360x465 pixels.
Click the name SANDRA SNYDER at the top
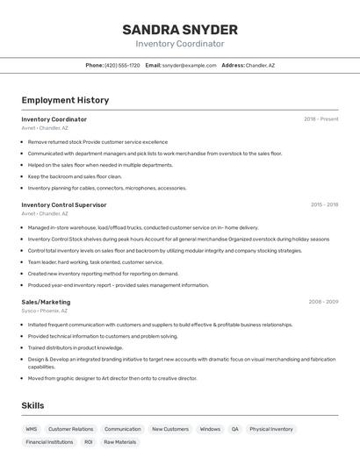coord(180,29)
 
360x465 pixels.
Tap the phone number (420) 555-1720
coord(122,65)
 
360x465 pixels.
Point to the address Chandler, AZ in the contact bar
coord(260,65)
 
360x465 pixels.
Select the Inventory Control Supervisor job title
coord(64,204)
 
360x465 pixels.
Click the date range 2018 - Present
coord(320,119)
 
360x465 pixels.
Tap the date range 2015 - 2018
coord(324,204)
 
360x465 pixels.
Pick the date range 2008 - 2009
coord(323,302)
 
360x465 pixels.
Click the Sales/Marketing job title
coord(46,302)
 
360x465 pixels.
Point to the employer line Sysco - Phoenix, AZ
coord(44,311)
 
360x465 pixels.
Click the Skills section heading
coord(32,406)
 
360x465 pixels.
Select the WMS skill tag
coord(32,429)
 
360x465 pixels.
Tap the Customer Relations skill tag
coord(70,429)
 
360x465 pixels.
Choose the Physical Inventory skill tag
coord(271,429)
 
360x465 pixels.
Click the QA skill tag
coord(234,429)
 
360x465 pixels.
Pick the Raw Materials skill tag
coord(120,442)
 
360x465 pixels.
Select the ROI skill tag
coord(89,442)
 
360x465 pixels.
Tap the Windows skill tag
coord(210,429)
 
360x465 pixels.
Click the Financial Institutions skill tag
coord(49,442)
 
